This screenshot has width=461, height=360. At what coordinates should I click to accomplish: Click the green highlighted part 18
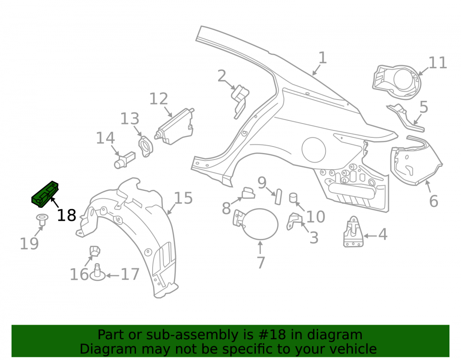click(x=45, y=194)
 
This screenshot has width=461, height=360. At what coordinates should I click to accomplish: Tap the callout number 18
click(x=66, y=216)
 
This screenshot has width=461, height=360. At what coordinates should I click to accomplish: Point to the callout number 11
click(x=438, y=63)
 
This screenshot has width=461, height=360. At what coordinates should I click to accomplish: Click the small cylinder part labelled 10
click(x=293, y=198)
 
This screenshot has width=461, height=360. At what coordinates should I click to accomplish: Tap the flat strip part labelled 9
click(x=278, y=197)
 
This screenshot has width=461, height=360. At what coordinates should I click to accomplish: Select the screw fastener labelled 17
click(x=98, y=272)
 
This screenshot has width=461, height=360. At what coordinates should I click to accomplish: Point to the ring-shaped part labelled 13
click(x=146, y=147)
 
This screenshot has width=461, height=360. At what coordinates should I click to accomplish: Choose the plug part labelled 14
click(x=124, y=160)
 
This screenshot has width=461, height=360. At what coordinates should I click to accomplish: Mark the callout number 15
click(x=183, y=198)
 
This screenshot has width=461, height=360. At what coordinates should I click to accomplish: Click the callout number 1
click(x=323, y=58)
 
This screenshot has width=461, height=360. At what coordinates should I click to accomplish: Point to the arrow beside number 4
click(x=370, y=236)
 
